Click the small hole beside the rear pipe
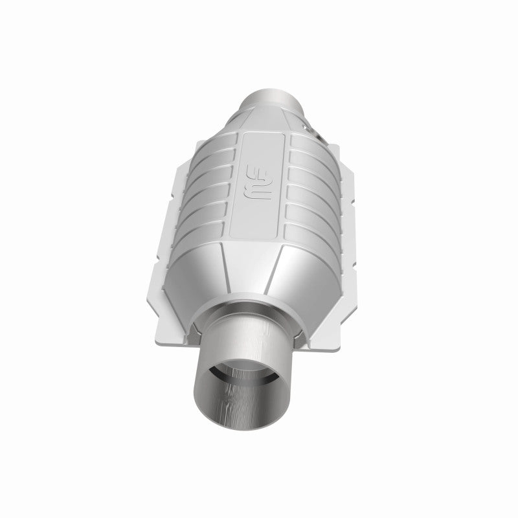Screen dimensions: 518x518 [x=317, y=134]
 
